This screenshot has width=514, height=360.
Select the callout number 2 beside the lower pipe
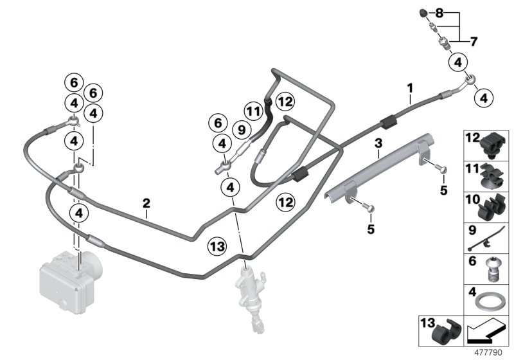pos(146,203)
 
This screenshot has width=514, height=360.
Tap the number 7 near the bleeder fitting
pos(474,42)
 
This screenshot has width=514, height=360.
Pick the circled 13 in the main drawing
pos(217,246)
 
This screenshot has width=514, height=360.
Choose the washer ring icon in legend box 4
pos(488,301)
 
